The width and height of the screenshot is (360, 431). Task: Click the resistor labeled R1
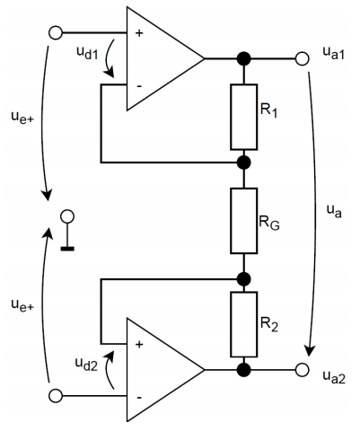[x=243, y=117]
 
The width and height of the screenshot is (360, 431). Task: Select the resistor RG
[x=243, y=221]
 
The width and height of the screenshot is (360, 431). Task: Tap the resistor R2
[x=243, y=324]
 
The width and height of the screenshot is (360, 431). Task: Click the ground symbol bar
[x=67, y=249]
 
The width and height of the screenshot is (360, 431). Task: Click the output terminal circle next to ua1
[x=302, y=58]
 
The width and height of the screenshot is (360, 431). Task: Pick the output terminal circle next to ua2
[x=302, y=370]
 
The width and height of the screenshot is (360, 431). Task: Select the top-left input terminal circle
[x=56, y=32]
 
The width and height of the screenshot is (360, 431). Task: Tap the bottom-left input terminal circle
[x=56, y=396]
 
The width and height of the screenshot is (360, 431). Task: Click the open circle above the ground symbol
[x=67, y=216]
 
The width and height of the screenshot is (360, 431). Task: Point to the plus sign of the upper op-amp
[x=139, y=33]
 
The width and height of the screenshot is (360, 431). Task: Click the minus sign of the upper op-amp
[x=139, y=86]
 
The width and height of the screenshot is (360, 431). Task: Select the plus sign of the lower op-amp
[x=139, y=345]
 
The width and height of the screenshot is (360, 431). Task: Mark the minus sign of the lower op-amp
[x=139, y=398]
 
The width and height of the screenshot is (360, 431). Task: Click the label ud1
[x=87, y=53]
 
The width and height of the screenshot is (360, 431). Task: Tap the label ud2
[x=86, y=364]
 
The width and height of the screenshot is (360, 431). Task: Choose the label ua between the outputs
[x=334, y=211]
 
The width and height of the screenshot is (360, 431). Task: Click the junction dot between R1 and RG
[x=243, y=163]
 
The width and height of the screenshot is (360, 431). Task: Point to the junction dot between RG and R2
[x=243, y=279]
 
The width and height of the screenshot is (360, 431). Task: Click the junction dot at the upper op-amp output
[x=243, y=58]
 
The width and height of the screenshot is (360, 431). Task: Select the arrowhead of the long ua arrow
[x=310, y=350]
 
